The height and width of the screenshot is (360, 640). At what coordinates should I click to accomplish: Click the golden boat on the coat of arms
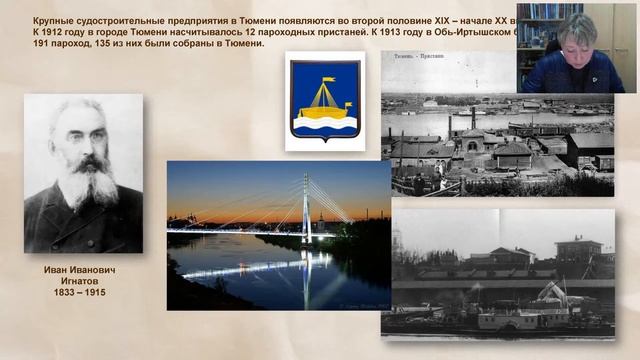(324, 98)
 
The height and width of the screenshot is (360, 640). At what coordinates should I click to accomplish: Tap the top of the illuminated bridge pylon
(306, 177)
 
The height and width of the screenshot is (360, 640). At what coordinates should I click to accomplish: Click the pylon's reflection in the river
(306, 275)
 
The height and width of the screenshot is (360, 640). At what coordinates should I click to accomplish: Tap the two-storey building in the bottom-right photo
(579, 249)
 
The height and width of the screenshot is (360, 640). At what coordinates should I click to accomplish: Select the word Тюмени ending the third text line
(240, 44)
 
